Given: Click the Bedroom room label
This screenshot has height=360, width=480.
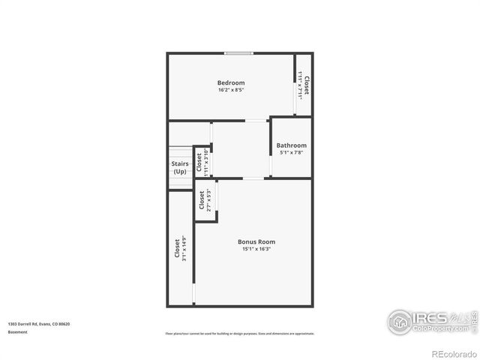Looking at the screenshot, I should coord(230,82).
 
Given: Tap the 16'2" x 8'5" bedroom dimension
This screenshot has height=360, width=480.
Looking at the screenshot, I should coord(230,90).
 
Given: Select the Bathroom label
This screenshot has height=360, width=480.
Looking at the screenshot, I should coord(291,145).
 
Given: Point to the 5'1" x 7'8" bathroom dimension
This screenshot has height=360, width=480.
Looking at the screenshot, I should coord(291,153).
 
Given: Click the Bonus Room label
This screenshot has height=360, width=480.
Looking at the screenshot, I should coord(256,241).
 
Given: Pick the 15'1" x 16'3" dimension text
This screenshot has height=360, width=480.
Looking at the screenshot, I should coord(256,249).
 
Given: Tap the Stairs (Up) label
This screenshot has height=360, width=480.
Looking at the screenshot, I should coord(180,167).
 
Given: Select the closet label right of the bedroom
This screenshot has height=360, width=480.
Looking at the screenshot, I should coord(306,84).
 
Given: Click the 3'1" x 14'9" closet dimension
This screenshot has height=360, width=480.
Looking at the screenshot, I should coord(181,249).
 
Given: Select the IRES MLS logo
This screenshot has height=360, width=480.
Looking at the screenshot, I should coord(427,321).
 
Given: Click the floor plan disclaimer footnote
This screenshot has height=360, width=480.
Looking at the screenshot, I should coord(239,333).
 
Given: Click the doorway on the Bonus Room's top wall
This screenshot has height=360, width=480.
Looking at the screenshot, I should coord(253,178).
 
